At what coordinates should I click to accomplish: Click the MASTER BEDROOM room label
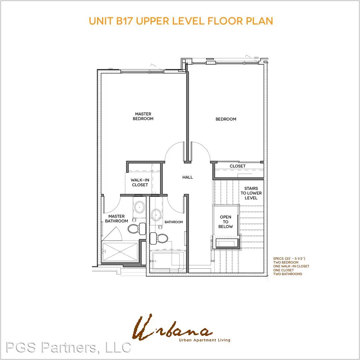pyautogui.click(x=143, y=116)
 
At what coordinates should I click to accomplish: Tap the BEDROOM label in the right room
pyautogui.click(x=226, y=119)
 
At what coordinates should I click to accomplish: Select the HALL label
pyautogui.click(x=188, y=177)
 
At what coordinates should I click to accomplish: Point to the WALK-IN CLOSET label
pyautogui.click(x=140, y=182)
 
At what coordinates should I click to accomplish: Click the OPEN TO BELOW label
pyautogui.click(x=225, y=222)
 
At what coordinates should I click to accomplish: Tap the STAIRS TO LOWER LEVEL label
pyautogui.click(x=251, y=193)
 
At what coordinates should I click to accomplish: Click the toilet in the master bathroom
pyautogui.click(x=137, y=228)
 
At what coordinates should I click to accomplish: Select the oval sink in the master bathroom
pyautogui.click(x=139, y=207)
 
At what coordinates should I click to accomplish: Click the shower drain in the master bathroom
pyautogui.click(x=120, y=252)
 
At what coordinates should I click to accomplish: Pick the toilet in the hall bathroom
pyautogui.click(x=159, y=238)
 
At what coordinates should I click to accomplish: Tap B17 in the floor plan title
pyautogui.click(x=125, y=21)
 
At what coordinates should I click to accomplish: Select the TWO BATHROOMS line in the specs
pyautogui.click(x=287, y=274)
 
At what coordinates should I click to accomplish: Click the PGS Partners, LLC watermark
pyautogui.click(x=69, y=347)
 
